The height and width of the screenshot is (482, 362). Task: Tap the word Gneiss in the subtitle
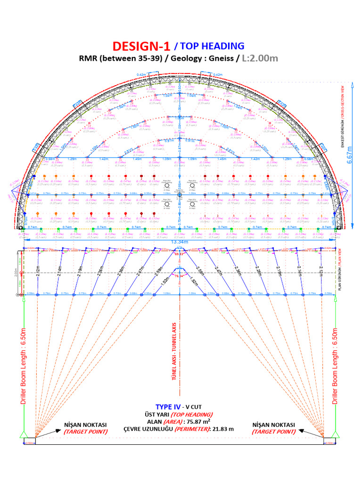222,59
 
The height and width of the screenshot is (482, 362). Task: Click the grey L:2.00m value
260,59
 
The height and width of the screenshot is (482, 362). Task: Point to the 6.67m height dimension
349,156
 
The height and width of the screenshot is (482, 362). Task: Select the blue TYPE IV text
168,407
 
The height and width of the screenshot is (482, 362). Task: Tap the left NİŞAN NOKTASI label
85,425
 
